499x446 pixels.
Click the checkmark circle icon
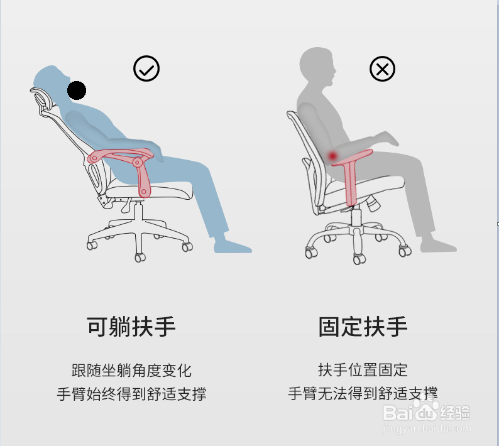[146, 68]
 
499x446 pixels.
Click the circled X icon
[382, 68]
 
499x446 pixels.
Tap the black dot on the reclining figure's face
[77, 90]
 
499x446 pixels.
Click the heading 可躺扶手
[131, 327]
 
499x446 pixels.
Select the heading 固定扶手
[363, 327]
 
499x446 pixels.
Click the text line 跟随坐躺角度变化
[131, 370]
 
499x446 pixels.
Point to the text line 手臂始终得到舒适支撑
[131, 394]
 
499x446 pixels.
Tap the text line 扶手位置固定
[363, 370]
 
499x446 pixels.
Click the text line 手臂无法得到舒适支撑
[363, 394]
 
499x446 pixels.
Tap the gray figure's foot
[439, 245]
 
